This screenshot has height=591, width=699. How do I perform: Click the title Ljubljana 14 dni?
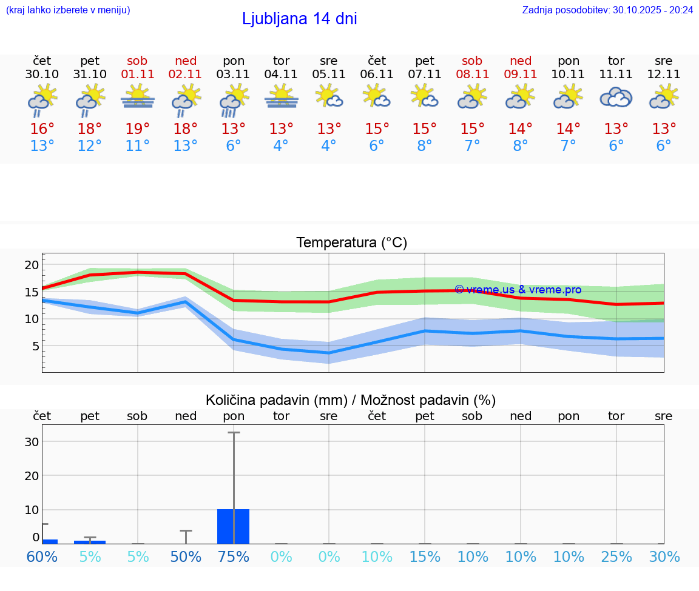299,19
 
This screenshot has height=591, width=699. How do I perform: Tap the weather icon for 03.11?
234,100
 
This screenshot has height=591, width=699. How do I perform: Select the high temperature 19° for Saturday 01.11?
138,129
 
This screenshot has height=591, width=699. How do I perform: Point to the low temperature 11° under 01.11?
138,146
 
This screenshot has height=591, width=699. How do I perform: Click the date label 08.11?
472,75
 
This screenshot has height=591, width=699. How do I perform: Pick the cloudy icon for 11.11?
616,98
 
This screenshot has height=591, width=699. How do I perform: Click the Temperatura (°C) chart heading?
351,243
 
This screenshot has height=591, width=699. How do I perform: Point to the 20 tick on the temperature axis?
32,264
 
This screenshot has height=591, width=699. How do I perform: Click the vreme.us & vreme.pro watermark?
518,290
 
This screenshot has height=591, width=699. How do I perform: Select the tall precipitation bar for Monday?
234,526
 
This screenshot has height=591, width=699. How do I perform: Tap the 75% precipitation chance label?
234,556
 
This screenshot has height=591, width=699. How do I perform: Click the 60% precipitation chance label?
42,556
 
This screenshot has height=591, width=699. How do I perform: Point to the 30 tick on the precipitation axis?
32,442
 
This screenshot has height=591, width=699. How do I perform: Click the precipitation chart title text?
351,400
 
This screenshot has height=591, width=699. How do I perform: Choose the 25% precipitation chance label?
616,556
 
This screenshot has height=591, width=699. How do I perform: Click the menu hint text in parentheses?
67,10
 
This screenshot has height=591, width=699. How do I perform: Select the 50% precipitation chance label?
186,556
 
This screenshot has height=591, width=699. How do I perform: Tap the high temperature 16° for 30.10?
42,129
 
